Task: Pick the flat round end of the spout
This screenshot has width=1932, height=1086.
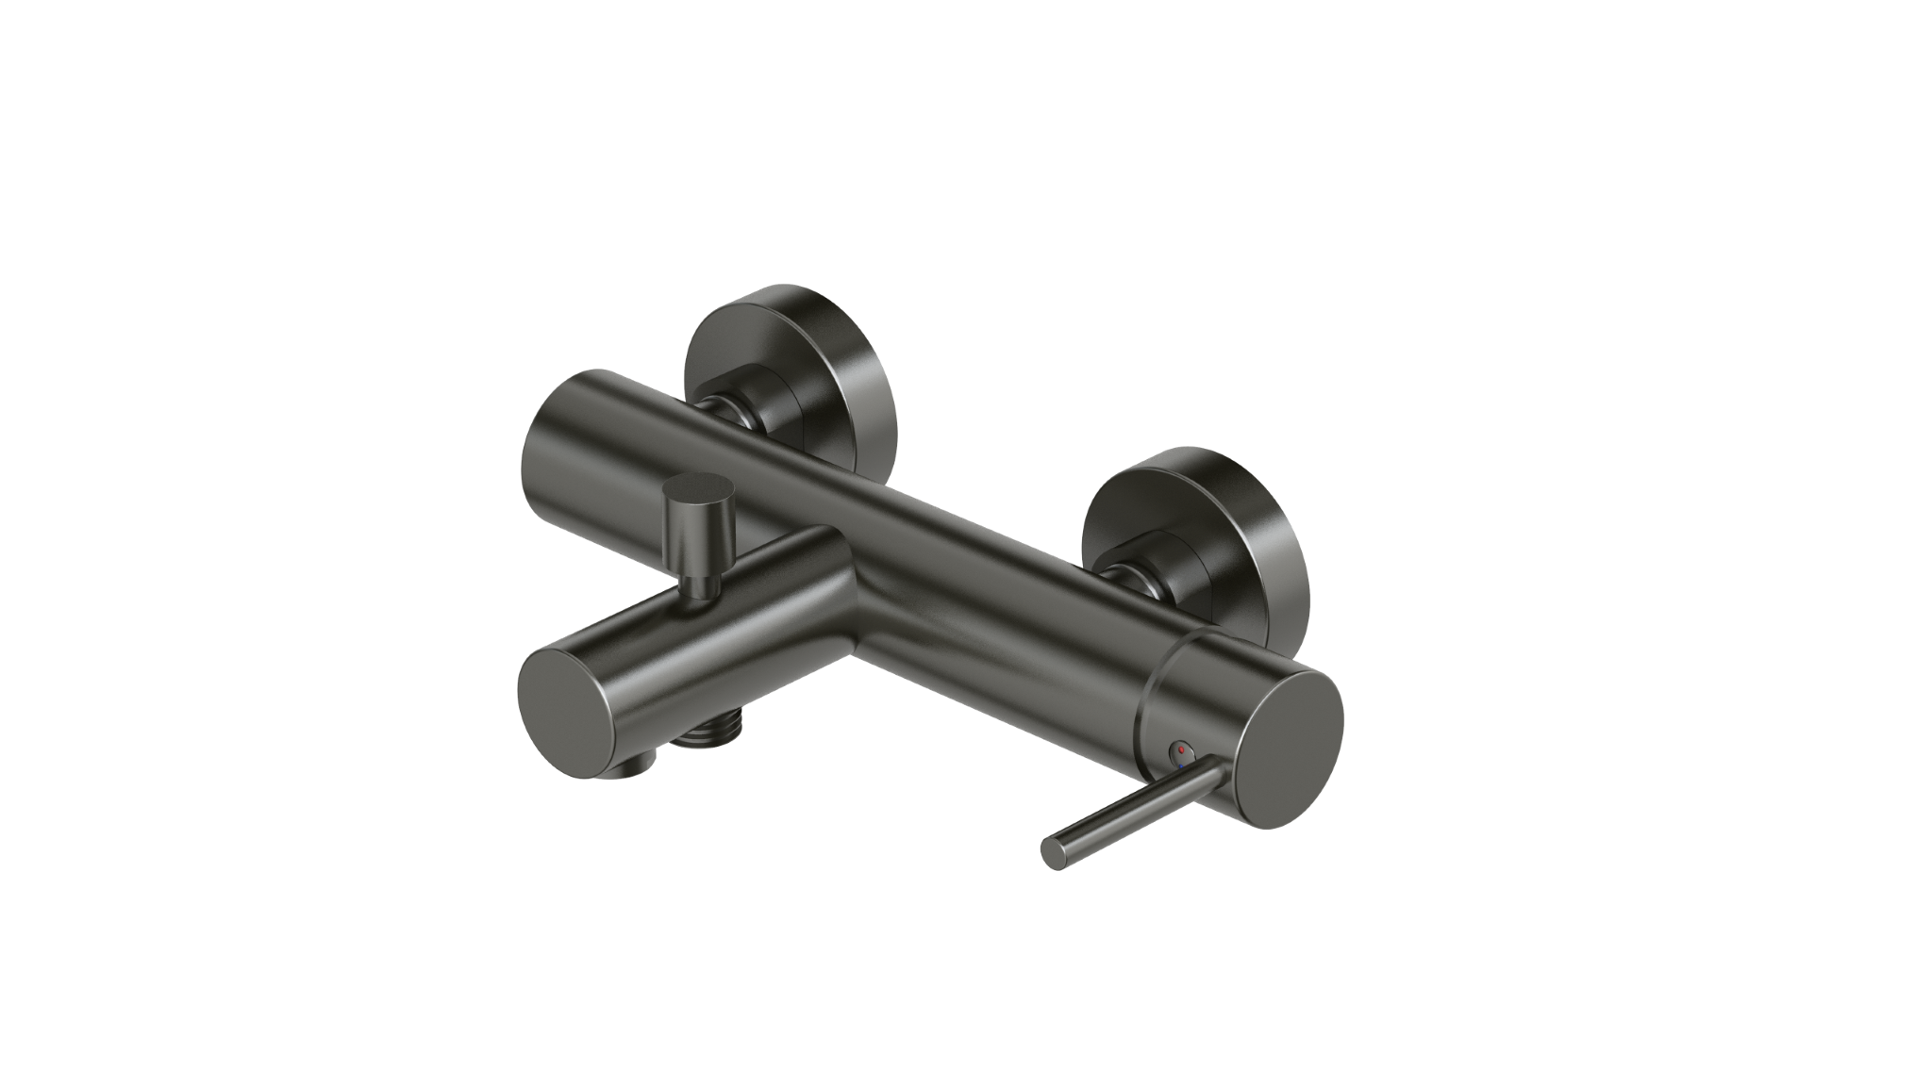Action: [x=564, y=703]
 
